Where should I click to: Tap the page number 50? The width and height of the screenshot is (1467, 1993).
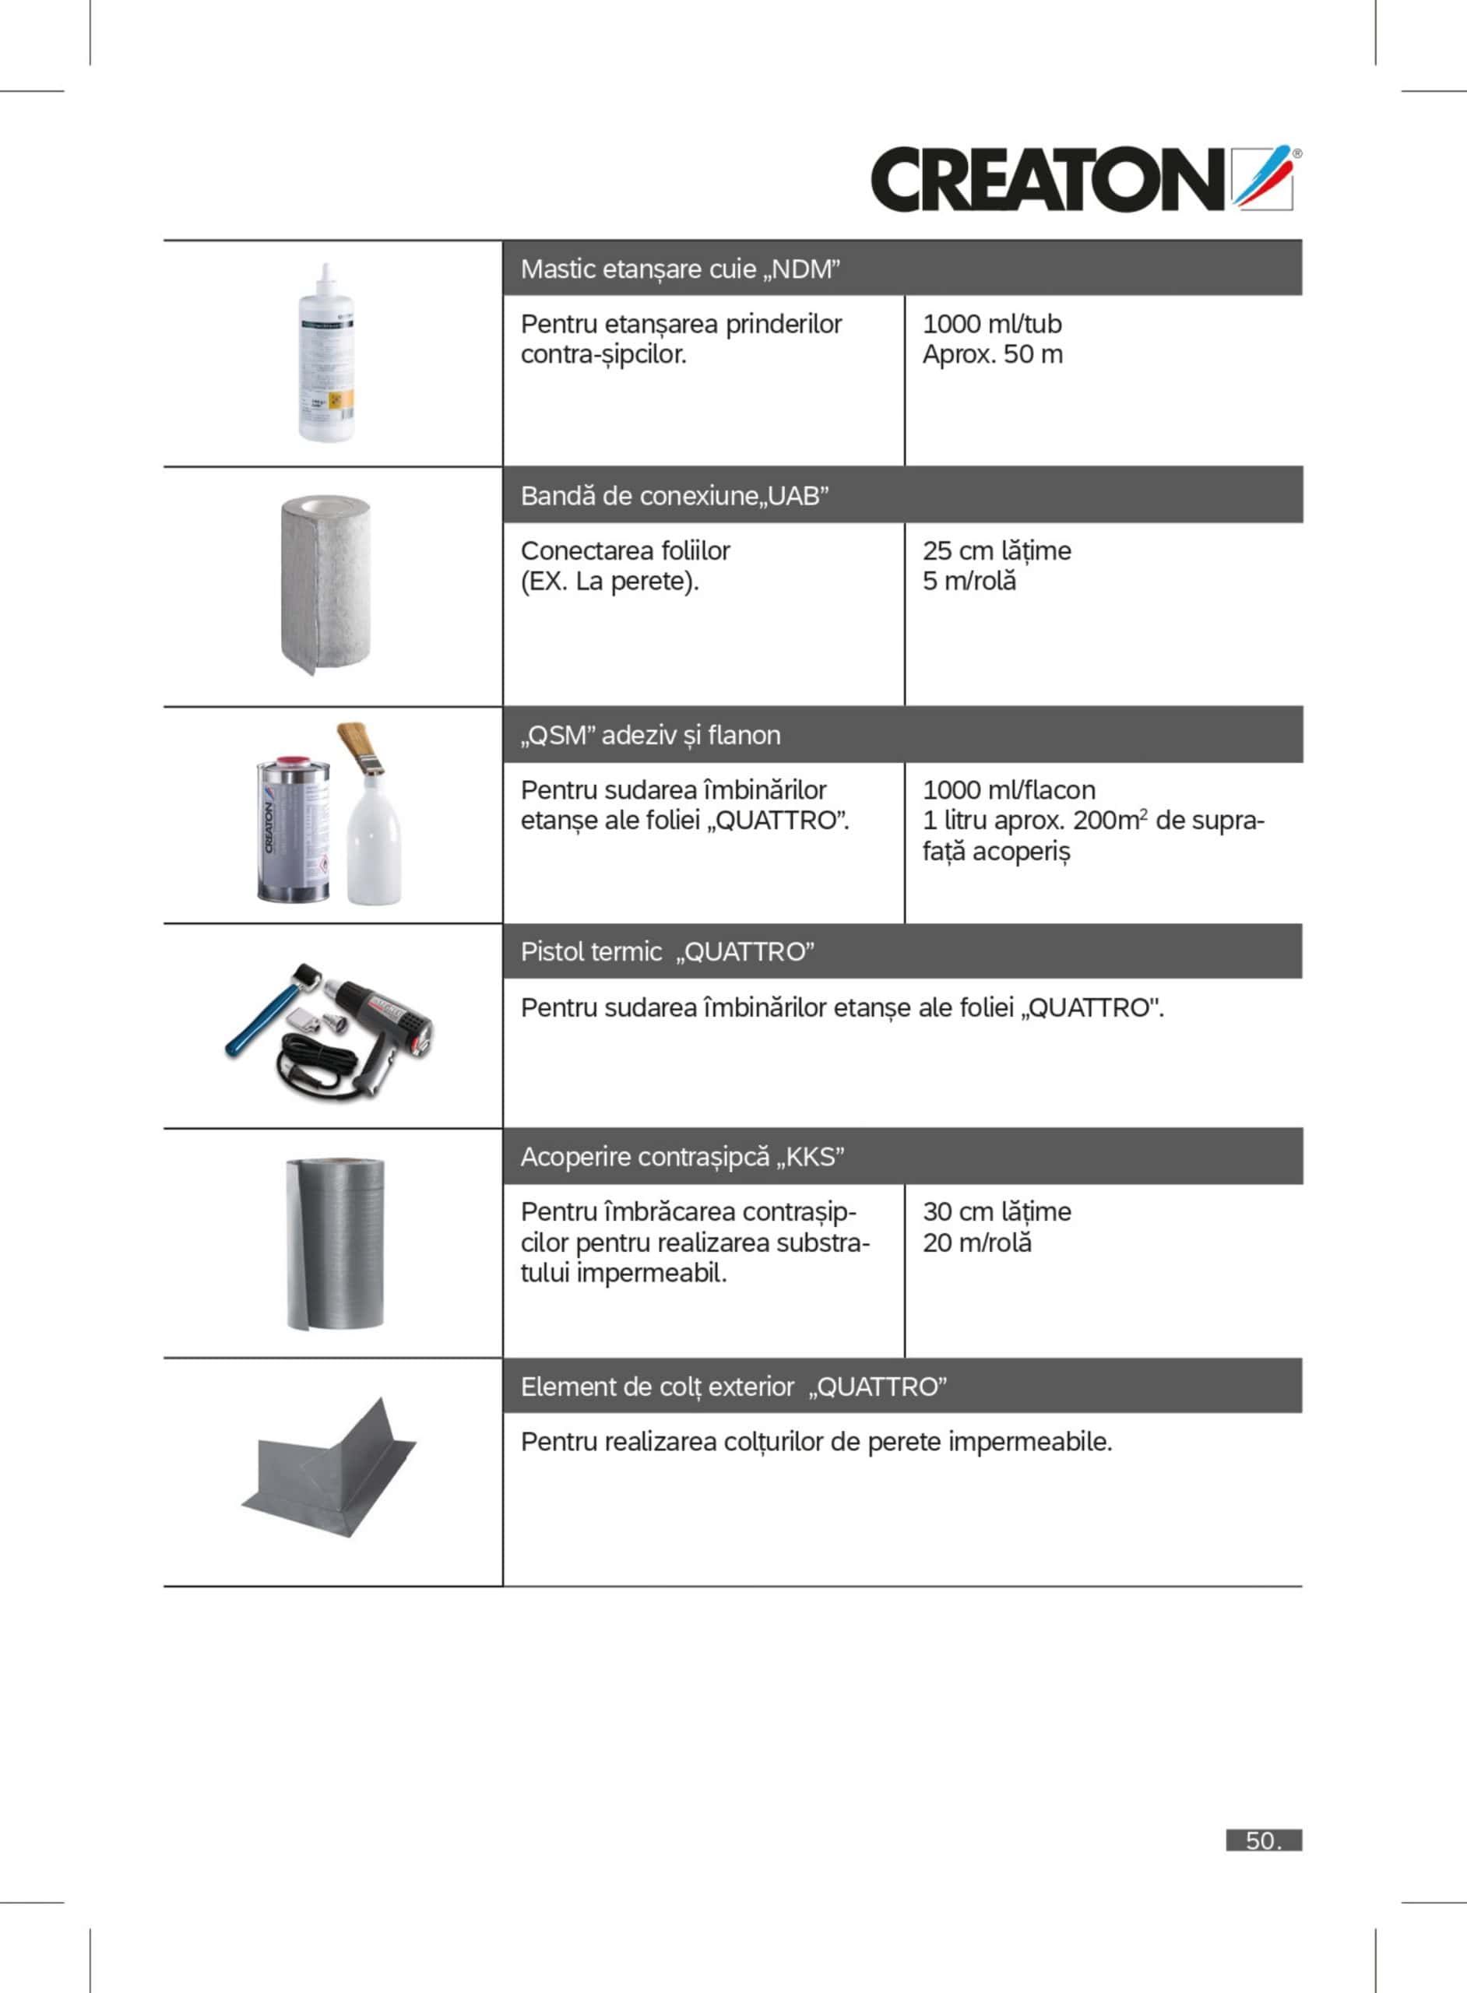click(1263, 1840)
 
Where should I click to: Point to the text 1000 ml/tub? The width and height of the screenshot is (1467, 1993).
click(992, 324)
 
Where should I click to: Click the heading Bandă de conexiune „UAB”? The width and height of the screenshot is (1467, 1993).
click(675, 495)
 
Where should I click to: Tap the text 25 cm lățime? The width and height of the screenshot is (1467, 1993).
click(997, 550)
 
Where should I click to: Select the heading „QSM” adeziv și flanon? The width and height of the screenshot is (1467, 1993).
click(651, 735)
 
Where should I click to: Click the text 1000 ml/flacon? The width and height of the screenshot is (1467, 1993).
click(1009, 790)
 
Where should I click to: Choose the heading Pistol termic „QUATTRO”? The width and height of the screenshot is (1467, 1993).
click(668, 951)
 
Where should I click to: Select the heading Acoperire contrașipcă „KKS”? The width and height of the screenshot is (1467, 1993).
click(682, 1157)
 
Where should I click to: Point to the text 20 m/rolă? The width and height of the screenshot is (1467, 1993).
click(976, 1242)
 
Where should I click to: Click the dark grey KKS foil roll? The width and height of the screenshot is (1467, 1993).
click(335, 1243)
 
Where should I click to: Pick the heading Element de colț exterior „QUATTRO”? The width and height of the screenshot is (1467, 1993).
click(733, 1387)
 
